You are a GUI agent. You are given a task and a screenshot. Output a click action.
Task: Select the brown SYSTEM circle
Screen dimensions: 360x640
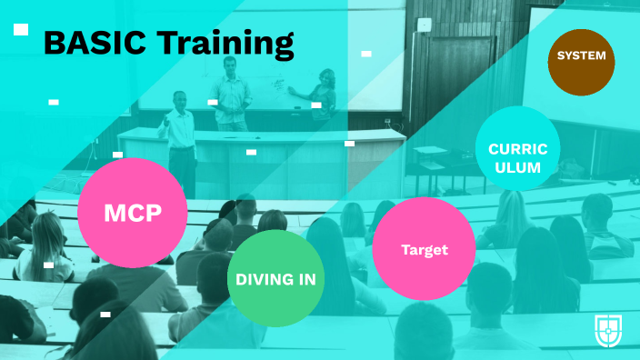point(581,55)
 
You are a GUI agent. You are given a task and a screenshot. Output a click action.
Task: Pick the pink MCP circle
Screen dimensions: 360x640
point(133,213)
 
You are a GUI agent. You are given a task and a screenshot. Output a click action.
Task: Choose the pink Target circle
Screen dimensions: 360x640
point(425,249)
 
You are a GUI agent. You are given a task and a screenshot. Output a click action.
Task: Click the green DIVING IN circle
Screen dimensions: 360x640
point(275,278)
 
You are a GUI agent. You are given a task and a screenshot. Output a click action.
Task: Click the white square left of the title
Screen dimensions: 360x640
point(21,30)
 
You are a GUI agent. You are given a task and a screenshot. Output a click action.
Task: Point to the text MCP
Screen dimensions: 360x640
point(133,214)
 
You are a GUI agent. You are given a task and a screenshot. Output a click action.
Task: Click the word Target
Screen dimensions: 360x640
point(425,250)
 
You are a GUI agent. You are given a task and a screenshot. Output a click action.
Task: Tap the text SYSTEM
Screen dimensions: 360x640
point(581,56)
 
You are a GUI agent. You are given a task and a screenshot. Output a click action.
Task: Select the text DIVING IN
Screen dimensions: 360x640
point(275,279)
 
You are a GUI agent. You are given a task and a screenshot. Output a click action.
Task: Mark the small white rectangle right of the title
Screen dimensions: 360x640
point(366,54)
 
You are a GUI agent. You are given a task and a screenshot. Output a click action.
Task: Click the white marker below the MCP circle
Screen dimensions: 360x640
point(105,314)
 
